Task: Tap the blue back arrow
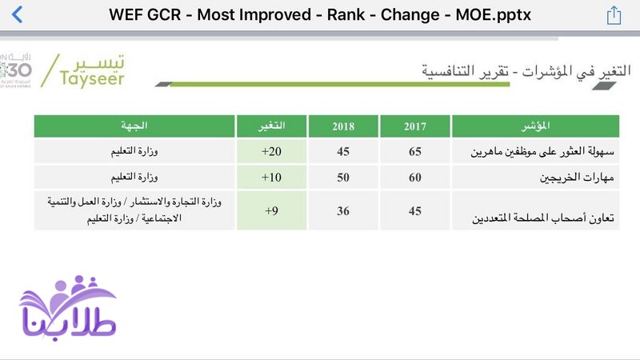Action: click(17, 14)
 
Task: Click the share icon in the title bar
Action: click(614, 15)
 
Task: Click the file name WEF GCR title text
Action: click(319, 14)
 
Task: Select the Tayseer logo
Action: click(83, 71)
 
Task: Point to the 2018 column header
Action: click(343, 126)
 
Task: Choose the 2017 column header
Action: click(415, 126)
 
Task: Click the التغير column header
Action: click(271, 126)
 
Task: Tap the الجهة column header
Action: click(134, 126)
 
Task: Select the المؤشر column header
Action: click(535, 126)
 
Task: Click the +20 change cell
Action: click(271, 151)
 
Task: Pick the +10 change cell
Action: click(271, 177)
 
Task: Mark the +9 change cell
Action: click(271, 210)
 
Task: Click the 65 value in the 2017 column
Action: click(415, 151)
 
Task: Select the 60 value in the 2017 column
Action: click(415, 177)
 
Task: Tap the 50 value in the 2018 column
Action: click(343, 177)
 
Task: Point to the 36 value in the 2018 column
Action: click(343, 210)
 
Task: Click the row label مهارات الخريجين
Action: click(577, 177)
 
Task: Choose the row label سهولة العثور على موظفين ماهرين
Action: click(542, 151)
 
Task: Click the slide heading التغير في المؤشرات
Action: click(576, 71)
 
